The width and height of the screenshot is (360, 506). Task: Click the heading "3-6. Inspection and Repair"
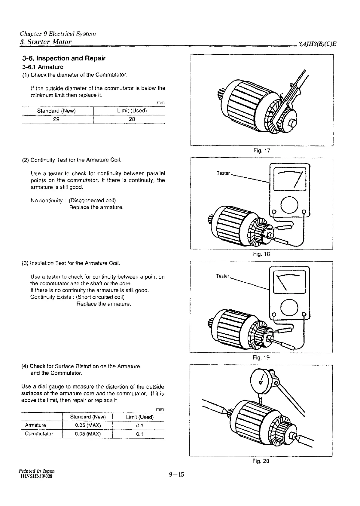[x=64, y=58]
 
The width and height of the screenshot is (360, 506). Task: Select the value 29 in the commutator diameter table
[x=56, y=119]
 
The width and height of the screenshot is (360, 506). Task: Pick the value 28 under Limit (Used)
[x=132, y=119]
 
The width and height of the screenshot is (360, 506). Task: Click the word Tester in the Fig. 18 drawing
[x=223, y=173]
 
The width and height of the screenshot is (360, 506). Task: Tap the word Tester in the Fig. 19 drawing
[x=223, y=276]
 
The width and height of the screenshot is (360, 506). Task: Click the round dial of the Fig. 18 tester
[x=289, y=205]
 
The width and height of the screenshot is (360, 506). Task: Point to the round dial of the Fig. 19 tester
[x=289, y=308]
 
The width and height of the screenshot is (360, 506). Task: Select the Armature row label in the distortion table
[x=35, y=425]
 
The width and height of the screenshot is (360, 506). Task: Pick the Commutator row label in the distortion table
[x=39, y=434]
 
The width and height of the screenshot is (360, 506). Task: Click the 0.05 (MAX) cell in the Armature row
[x=88, y=425]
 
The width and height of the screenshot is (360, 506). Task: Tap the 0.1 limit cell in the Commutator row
[x=139, y=434]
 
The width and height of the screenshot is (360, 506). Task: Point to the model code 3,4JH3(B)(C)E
[x=317, y=44]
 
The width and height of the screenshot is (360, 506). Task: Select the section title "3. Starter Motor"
[x=46, y=42]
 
